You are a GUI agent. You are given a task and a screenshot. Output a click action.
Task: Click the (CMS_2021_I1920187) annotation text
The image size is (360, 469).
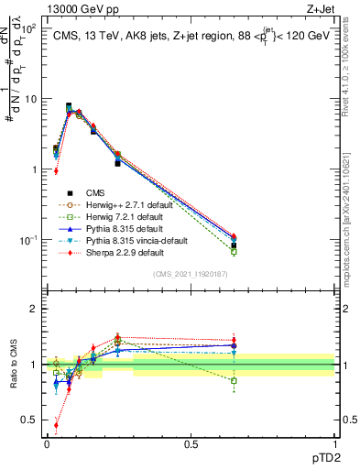[x=191, y=274]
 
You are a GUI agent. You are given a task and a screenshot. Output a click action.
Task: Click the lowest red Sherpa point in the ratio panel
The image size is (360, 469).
[x=56, y=425]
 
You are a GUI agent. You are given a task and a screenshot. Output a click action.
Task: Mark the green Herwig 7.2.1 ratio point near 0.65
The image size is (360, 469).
[x=234, y=380]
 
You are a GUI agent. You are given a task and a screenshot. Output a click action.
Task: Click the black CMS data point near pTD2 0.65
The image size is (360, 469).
[x=234, y=245]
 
